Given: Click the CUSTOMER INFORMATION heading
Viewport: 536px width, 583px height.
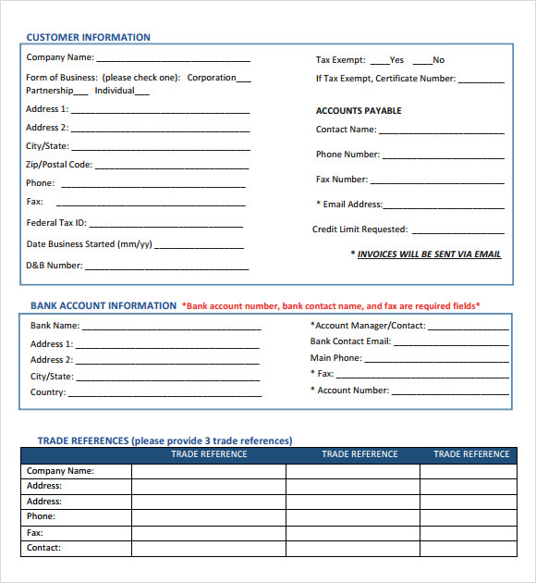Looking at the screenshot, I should tap(88, 38).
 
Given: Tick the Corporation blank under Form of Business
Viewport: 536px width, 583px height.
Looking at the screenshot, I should tap(244, 80).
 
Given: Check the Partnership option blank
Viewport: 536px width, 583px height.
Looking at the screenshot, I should tap(80, 93).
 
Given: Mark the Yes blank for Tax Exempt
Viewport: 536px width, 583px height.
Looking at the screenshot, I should tap(380, 62).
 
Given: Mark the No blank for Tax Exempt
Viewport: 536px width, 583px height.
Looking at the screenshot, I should tap(422, 62).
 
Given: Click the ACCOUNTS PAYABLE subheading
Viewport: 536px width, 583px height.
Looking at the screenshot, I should tap(359, 111).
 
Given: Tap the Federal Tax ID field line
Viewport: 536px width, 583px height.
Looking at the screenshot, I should tap(165, 225).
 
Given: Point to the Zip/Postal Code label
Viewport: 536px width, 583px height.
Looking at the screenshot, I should tap(59, 165).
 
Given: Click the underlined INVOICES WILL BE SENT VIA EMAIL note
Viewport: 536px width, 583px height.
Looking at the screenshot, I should tap(429, 254).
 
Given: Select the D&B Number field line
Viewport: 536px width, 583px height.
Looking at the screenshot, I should tap(167, 267).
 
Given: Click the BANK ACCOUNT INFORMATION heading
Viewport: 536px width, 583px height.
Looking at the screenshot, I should tap(103, 305).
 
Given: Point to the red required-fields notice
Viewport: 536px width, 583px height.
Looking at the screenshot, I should tap(331, 305).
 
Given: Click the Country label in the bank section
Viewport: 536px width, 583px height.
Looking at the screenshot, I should tap(48, 392).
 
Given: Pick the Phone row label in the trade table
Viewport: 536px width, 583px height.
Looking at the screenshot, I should tap(41, 516).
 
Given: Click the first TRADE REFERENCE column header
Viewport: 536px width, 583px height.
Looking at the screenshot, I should tap(209, 454).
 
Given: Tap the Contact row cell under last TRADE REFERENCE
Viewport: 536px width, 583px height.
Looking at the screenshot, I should tap(469, 548).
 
